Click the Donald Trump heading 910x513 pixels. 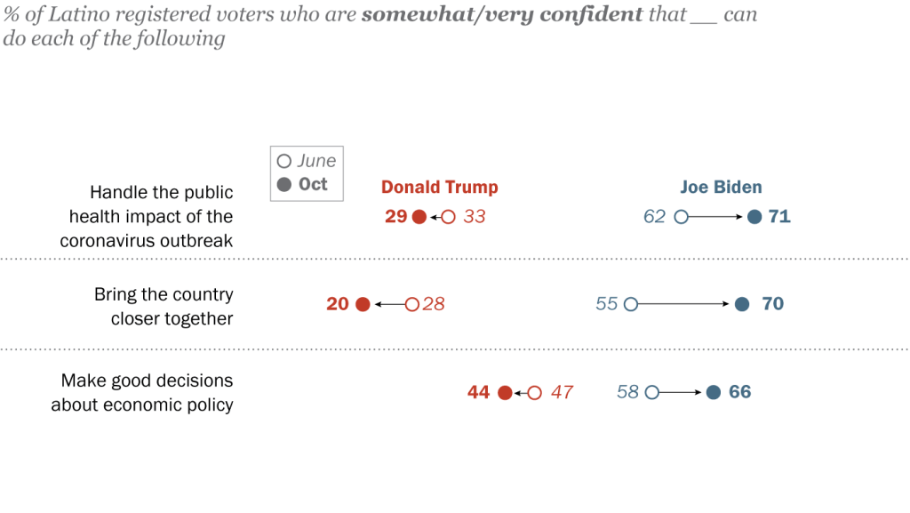click(x=439, y=187)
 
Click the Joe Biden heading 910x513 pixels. click(x=721, y=187)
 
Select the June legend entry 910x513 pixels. click(x=307, y=161)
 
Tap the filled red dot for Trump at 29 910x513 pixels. click(x=419, y=216)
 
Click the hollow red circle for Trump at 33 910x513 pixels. click(x=449, y=216)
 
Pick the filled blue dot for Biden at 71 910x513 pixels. click(x=754, y=216)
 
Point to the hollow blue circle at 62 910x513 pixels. click(x=682, y=216)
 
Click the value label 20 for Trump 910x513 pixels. click(x=338, y=304)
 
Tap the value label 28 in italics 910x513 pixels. click(x=434, y=304)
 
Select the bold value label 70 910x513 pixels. click(x=772, y=304)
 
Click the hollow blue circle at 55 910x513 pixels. click(x=631, y=304)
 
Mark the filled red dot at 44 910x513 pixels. click(x=505, y=392)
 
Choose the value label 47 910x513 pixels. click(x=562, y=392)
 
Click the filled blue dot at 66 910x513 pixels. click(x=713, y=392)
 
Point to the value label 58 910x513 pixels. click(x=627, y=392)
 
